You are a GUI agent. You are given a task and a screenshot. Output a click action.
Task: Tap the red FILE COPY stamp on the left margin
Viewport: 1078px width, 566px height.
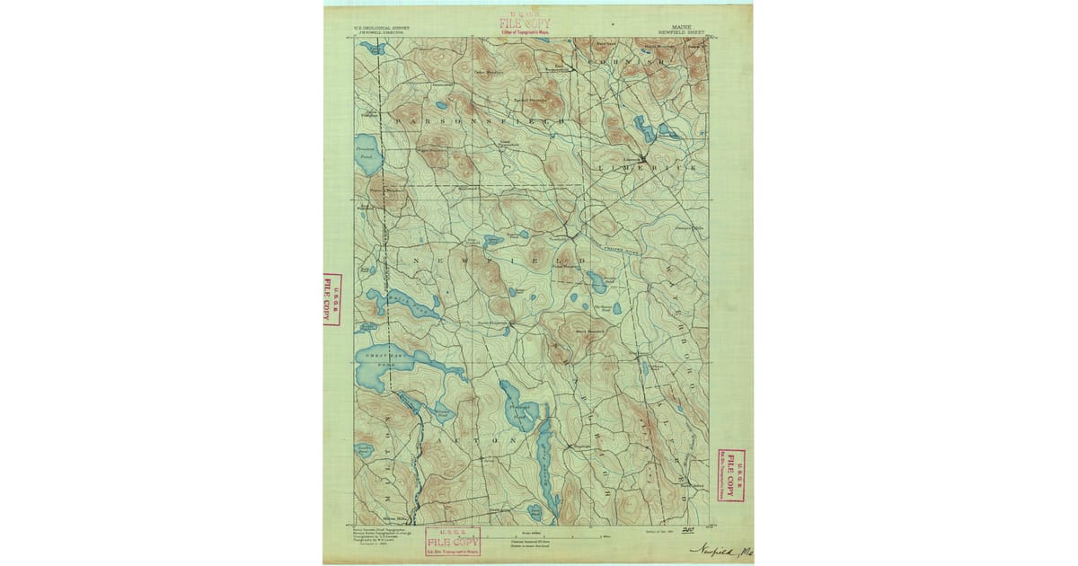(331, 298)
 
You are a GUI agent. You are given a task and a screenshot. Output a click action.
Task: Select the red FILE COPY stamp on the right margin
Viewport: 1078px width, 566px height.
(731, 474)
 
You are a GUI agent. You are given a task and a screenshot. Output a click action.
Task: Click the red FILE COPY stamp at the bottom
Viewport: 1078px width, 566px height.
(453, 542)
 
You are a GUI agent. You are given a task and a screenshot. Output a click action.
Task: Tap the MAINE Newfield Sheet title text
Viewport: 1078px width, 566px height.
(687, 29)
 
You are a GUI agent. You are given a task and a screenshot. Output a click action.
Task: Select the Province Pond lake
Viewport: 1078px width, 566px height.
(368, 155)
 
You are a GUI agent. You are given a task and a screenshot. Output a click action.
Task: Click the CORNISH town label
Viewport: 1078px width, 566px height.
(628, 62)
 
